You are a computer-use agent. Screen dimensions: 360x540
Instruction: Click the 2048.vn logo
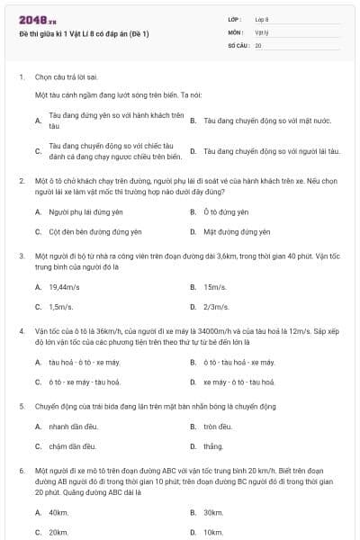tap(37, 20)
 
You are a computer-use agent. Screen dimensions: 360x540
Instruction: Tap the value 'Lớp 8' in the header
tap(262, 19)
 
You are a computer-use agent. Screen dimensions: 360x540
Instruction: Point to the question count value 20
tap(258, 44)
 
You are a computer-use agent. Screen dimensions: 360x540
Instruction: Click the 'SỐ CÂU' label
tap(237, 44)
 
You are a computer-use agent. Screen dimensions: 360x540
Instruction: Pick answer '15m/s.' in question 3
tap(214, 287)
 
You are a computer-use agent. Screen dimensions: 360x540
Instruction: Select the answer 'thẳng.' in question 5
tap(213, 445)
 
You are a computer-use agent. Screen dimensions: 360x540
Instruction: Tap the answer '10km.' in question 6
tap(214, 532)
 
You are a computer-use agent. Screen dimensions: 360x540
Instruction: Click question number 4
tap(22, 331)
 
